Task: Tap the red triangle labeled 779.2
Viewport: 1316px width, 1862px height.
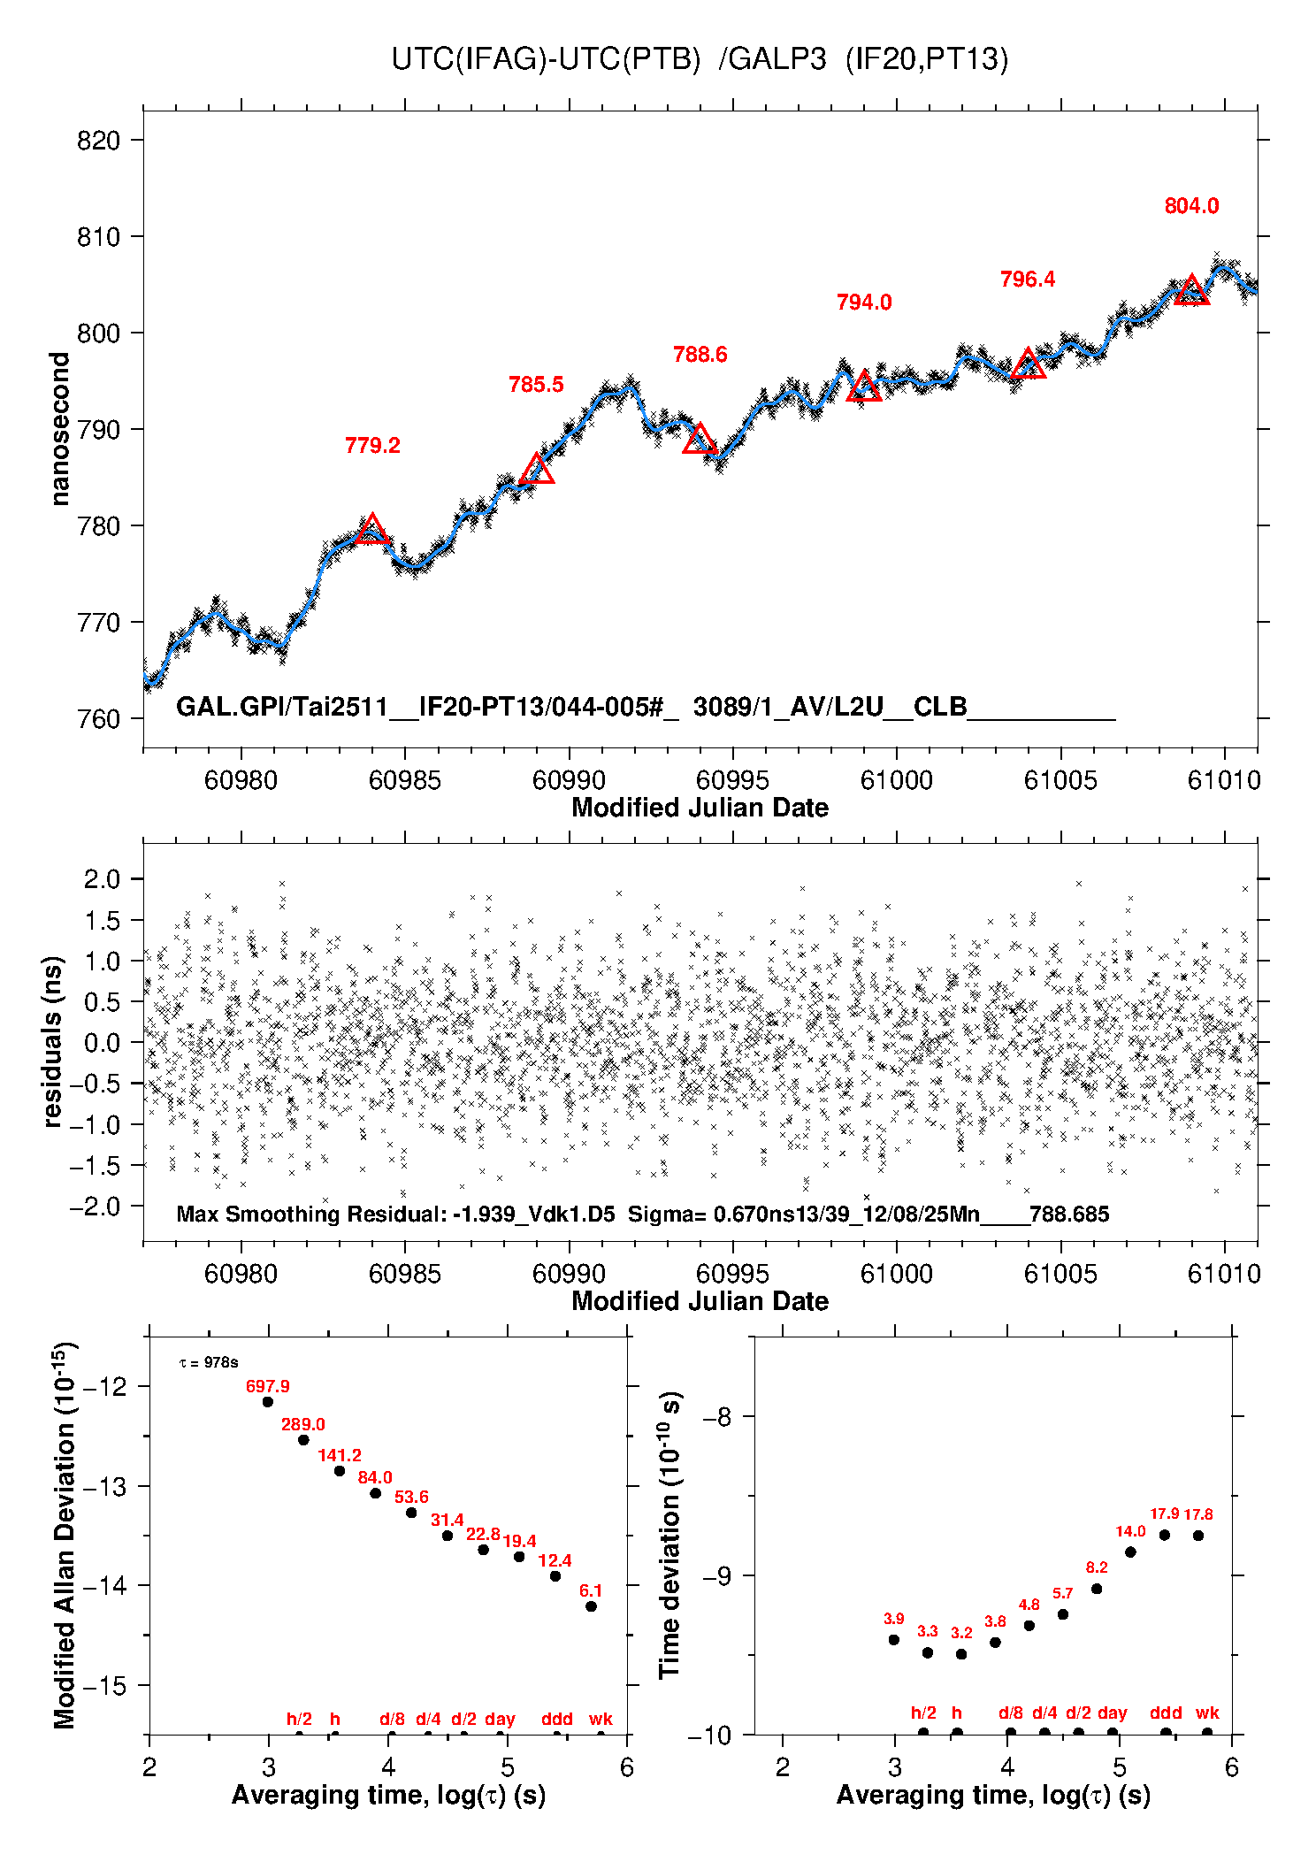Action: (372, 530)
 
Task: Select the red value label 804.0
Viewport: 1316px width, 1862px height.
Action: (1191, 206)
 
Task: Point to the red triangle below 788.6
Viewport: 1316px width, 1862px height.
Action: (700, 440)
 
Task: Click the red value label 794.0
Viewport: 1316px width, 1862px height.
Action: (863, 303)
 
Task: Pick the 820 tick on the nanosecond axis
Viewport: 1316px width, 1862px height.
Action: (98, 141)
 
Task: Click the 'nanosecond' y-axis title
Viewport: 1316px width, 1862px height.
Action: (59, 429)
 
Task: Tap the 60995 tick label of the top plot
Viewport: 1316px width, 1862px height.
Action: (732, 780)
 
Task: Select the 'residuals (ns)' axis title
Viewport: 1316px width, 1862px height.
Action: (53, 1041)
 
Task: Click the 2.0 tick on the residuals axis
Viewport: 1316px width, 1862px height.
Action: (102, 879)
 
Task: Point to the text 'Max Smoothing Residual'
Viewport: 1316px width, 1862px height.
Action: (310, 1214)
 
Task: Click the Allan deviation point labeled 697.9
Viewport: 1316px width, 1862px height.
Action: (268, 1402)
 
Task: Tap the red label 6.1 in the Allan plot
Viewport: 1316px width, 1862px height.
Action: (591, 1590)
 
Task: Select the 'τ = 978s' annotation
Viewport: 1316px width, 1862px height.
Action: (209, 1363)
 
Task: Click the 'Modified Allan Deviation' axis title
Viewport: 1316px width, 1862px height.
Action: (65, 1535)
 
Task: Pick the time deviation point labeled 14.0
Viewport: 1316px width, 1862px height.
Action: (1130, 1552)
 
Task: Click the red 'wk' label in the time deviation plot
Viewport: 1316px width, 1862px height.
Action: (1207, 1713)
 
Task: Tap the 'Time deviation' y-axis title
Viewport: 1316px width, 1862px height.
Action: (670, 1535)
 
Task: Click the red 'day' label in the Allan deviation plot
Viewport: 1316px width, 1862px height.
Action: (500, 1719)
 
